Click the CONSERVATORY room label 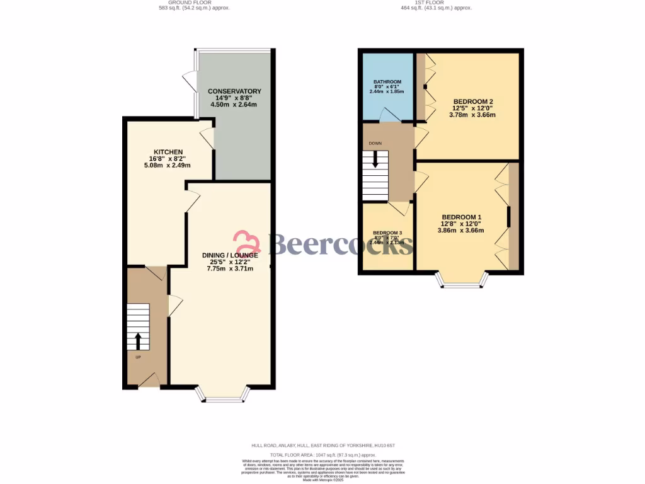coord(234,91)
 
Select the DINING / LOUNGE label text coord(230,255)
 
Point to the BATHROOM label coord(387,82)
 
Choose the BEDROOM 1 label coord(461,217)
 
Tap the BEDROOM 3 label coord(387,232)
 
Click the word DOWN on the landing coord(375,142)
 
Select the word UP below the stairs coord(139,357)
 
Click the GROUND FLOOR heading coord(194,3)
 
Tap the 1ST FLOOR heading coord(437,3)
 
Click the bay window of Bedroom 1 coord(461,281)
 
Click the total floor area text coord(322,454)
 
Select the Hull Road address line coord(322,446)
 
